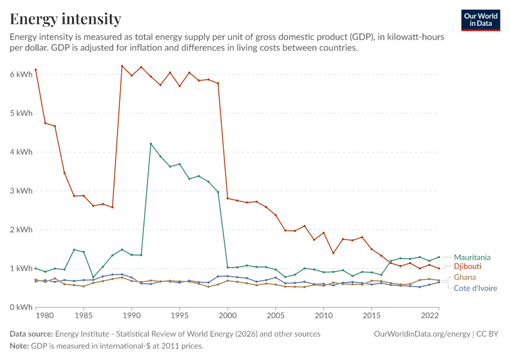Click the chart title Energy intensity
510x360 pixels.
coord(65,19)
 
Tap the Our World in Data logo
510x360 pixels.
coord(481,20)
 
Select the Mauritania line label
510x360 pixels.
coord(472,257)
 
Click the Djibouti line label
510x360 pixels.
coord(467,266)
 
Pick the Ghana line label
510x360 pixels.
coord(465,277)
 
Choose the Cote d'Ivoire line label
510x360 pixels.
coord(475,288)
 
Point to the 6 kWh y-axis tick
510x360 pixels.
coord(21,74)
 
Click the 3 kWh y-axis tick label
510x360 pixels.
coord(21,191)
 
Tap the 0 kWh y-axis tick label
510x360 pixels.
coord(21,307)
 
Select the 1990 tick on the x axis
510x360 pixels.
coord(132,315)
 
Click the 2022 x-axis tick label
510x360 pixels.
coord(430,315)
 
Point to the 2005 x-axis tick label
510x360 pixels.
coord(275,315)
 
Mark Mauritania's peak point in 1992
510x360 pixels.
coord(151,144)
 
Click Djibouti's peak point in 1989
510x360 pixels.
coord(122,66)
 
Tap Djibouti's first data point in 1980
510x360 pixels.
coord(36,70)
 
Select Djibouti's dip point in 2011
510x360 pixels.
coord(333,253)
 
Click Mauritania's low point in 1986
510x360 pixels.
coord(94,277)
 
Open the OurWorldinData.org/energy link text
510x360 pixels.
coord(422,334)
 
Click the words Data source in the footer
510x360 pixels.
coord(31,334)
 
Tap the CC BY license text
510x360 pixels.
coord(487,334)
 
